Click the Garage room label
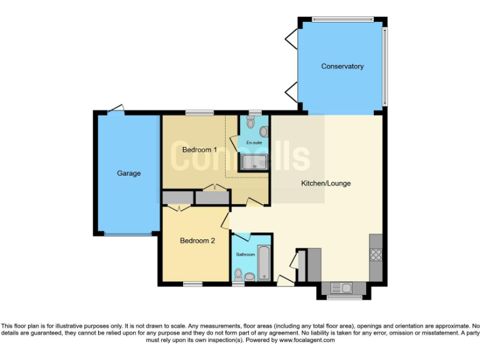pyautogui.click(x=129, y=173)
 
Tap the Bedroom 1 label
pyautogui.click(x=199, y=150)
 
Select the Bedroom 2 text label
pyautogui.click(x=197, y=240)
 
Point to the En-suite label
pyautogui.click(x=254, y=142)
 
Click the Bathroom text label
pyautogui.click(x=245, y=254)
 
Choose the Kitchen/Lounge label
pyautogui.click(x=326, y=183)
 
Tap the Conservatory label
pyautogui.click(x=342, y=66)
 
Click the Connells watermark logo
pyautogui.click(x=241, y=157)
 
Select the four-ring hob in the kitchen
pyautogui.click(x=376, y=254)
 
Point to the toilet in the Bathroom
pyautogui.click(x=238, y=274)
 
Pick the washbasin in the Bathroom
pyautogui.click(x=249, y=276)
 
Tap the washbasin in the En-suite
pyautogui.click(x=263, y=132)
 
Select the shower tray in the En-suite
pyautogui.click(x=254, y=162)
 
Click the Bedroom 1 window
pyautogui.click(x=199, y=112)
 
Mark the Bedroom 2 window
pyautogui.click(x=192, y=284)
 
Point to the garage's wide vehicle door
pyautogui.click(x=128, y=234)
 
